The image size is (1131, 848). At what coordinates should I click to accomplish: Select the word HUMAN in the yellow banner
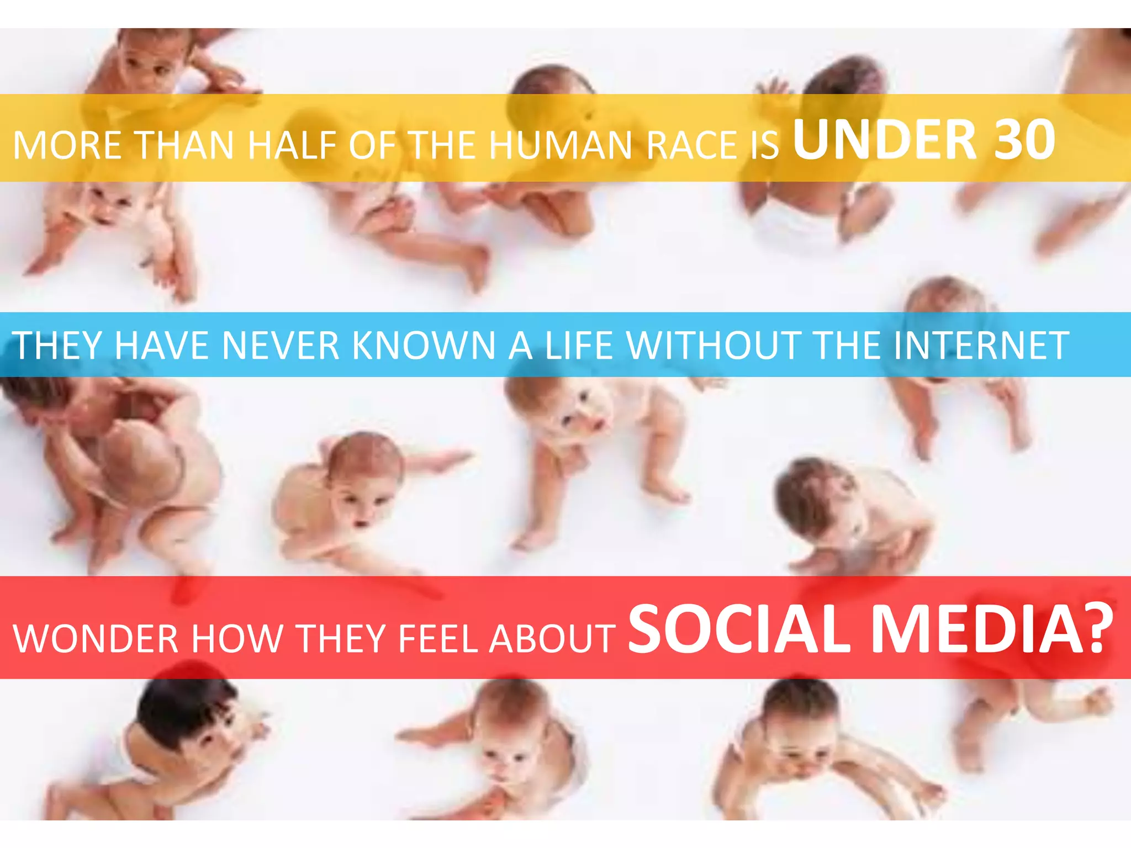coord(561,146)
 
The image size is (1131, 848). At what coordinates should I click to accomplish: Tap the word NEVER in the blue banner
coord(281,346)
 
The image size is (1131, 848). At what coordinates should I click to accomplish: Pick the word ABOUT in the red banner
coord(552,639)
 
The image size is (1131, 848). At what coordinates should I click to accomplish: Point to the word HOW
coord(236,639)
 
